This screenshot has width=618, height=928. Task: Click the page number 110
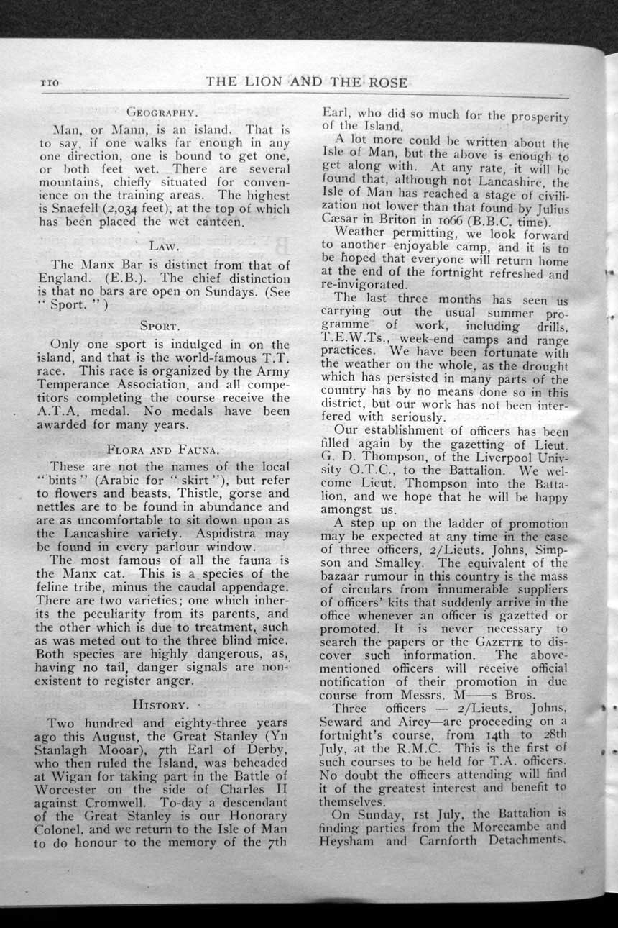point(49,83)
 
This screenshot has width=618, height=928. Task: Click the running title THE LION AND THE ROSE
point(307,82)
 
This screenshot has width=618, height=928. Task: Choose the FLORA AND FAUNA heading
point(161,450)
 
